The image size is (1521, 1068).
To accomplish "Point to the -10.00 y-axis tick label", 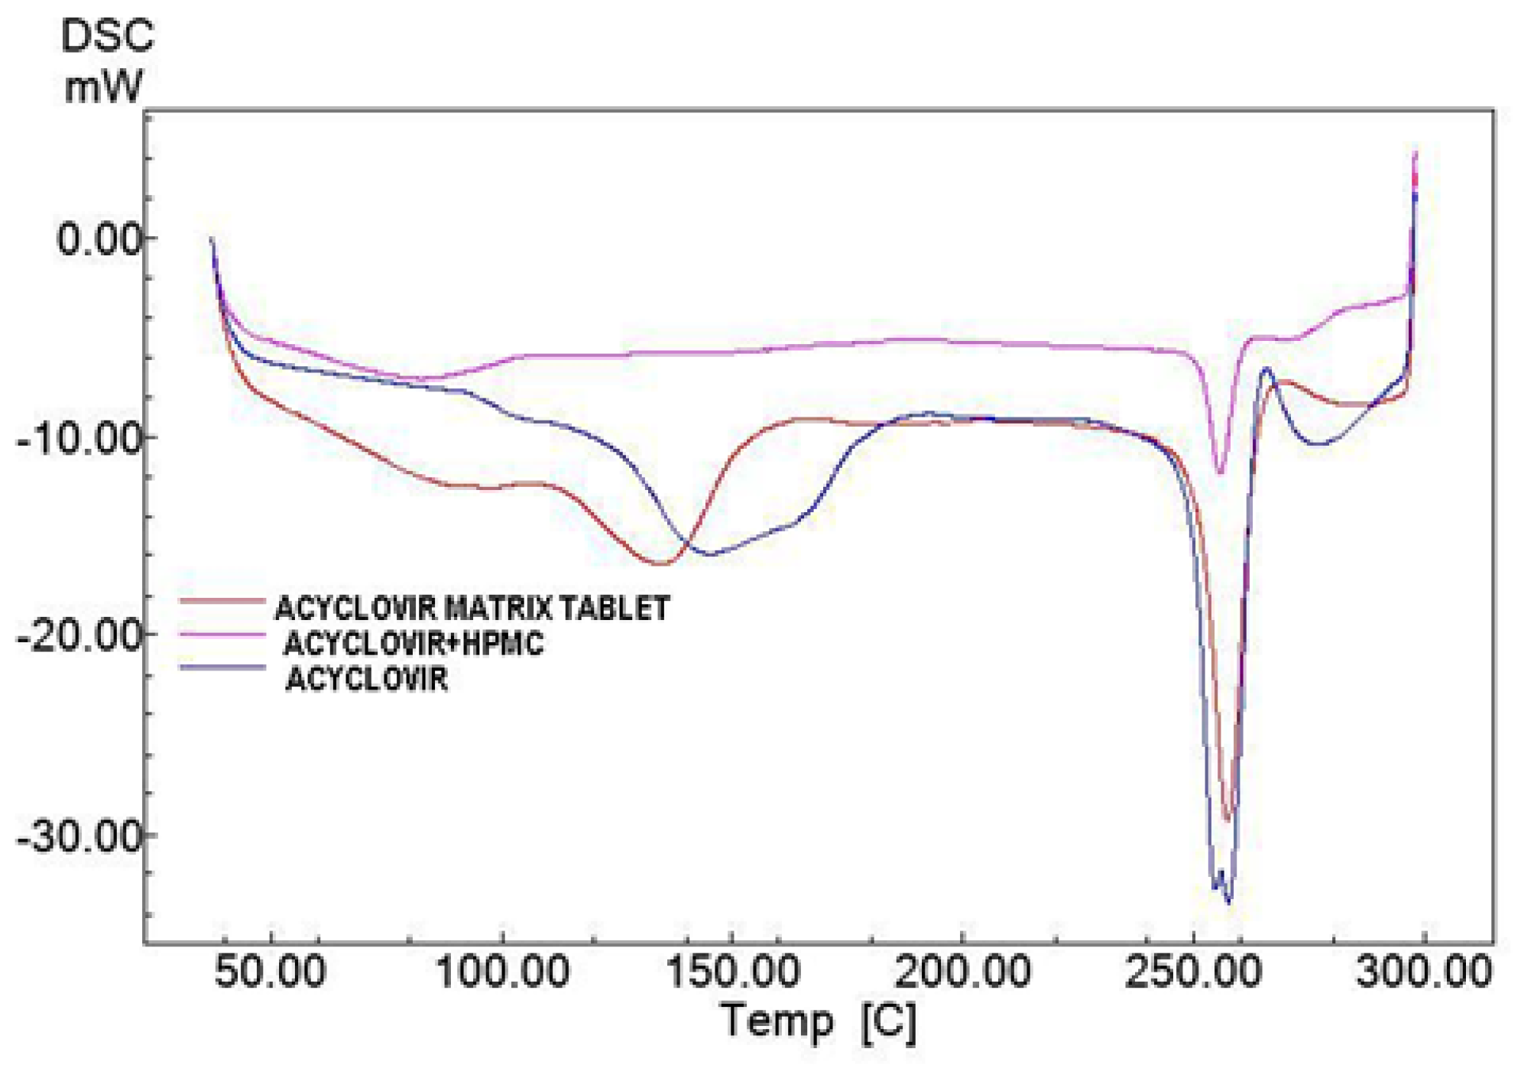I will point(80,438).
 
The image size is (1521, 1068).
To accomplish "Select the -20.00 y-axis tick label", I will point(80,635).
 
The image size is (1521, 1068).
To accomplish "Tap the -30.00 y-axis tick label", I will point(80,836).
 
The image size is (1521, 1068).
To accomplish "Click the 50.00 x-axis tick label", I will point(271,972).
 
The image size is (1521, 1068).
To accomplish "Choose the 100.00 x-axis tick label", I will point(502,972).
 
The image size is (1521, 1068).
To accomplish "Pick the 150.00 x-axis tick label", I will point(733,972).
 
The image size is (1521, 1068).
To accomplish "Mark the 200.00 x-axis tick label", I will point(963,972).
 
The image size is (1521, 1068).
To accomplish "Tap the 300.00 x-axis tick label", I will point(1424,972).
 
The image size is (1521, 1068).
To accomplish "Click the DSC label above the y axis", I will point(107,37).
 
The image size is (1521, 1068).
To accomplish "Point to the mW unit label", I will point(103,86).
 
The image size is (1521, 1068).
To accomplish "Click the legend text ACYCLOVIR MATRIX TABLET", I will point(472,609).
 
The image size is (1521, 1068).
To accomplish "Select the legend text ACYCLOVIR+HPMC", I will point(413,644).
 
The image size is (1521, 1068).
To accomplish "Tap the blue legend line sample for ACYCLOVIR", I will point(222,667).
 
